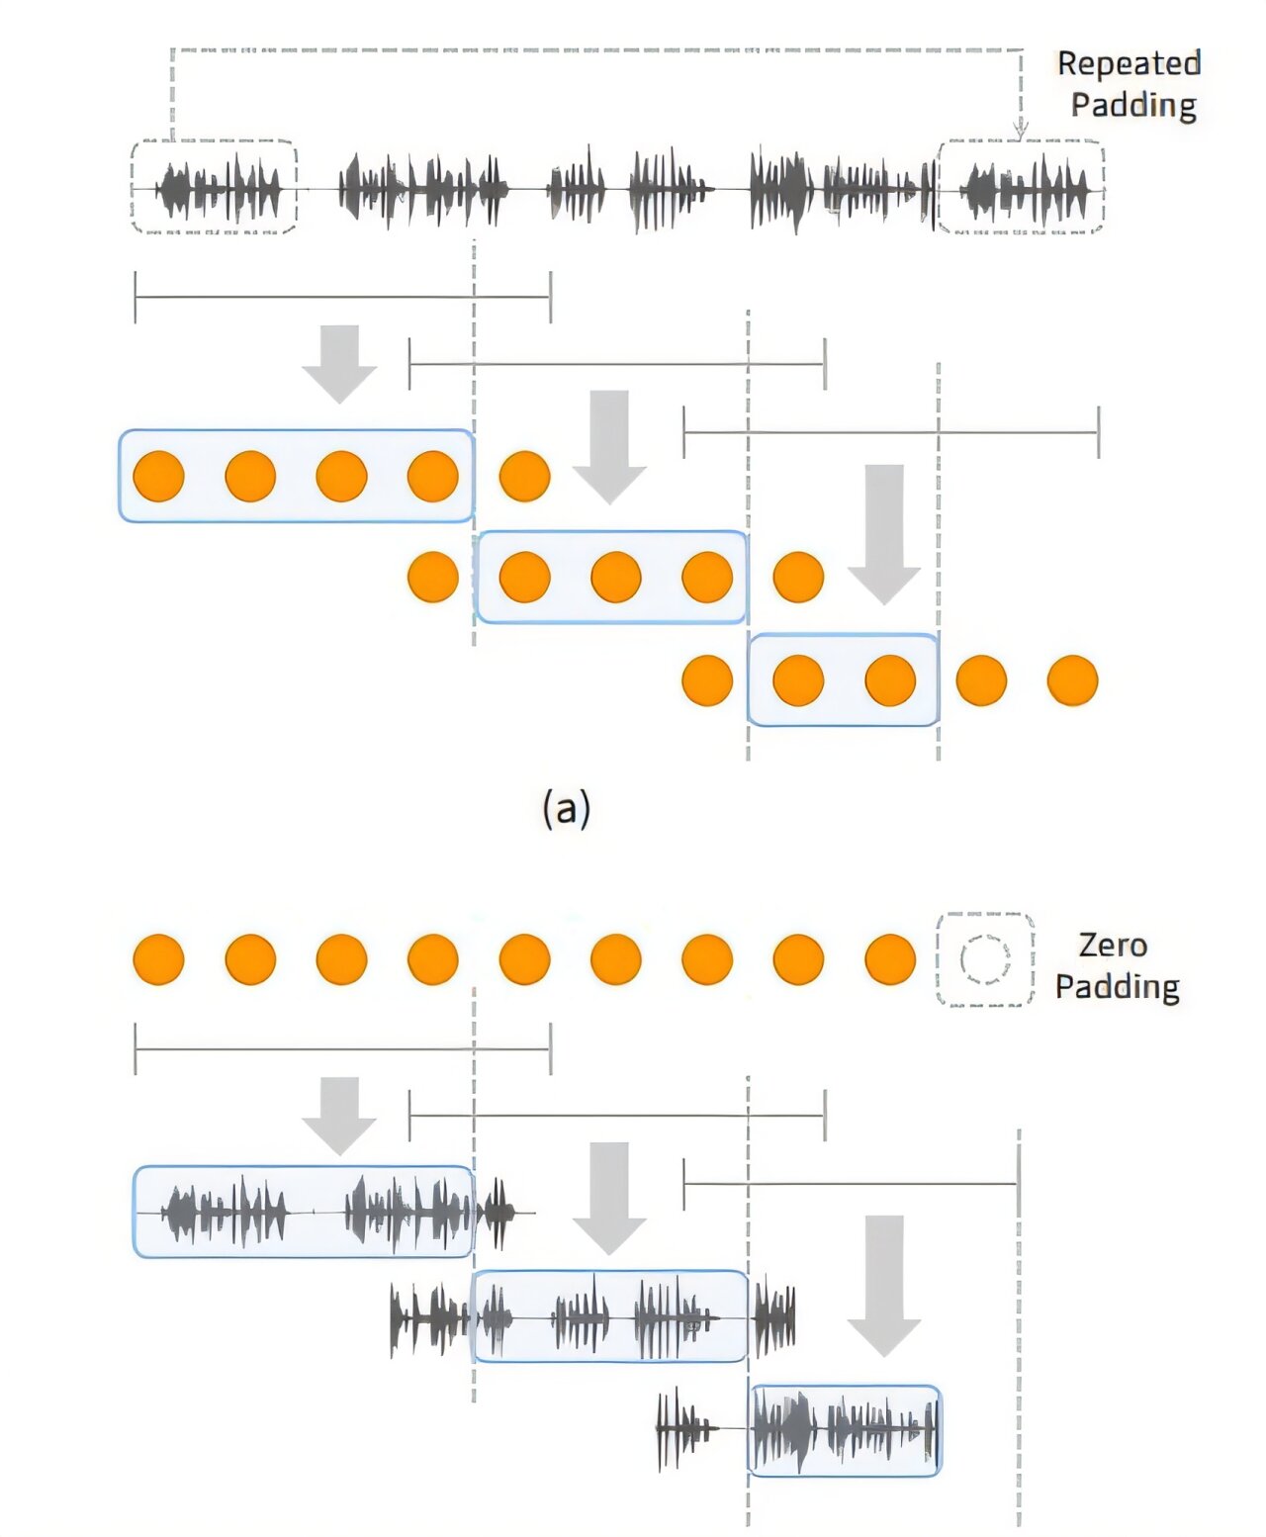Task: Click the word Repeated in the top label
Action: pyautogui.click(x=1130, y=63)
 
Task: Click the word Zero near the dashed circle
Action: pyautogui.click(x=1112, y=946)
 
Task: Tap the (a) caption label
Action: pyautogui.click(x=566, y=810)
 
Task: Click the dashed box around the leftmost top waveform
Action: pyautogui.click(x=133, y=186)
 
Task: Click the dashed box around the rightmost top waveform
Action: pyautogui.click(x=939, y=186)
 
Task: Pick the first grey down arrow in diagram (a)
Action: pyautogui.click(x=339, y=364)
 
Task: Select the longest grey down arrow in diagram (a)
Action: pyautogui.click(x=884, y=534)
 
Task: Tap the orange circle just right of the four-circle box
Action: pyautogui.click(x=524, y=477)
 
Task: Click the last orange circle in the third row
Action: pyautogui.click(x=1072, y=680)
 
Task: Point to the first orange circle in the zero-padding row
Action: pyautogui.click(x=158, y=959)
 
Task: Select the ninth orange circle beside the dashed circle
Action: pyautogui.click(x=890, y=959)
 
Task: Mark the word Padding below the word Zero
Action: pyautogui.click(x=1118, y=986)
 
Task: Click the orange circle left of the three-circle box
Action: pyautogui.click(x=433, y=577)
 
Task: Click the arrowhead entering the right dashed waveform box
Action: pyautogui.click(x=1020, y=131)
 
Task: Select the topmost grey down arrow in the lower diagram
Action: pyautogui.click(x=339, y=1116)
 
